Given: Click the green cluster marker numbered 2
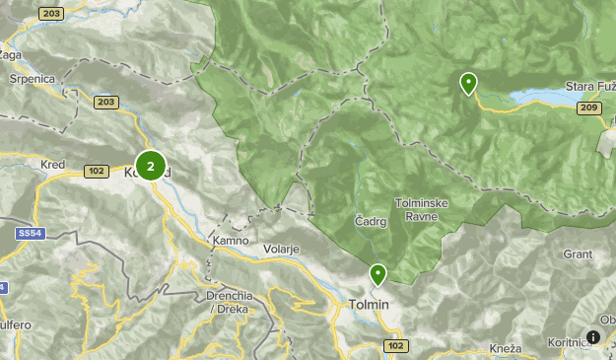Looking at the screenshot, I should pyautogui.click(x=151, y=166).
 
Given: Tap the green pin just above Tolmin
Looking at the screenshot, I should pyautogui.click(x=377, y=274).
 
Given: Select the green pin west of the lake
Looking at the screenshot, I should pyautogui.click(x=468, y=84).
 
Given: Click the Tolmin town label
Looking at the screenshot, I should pyautogui.click(x=370, y=305).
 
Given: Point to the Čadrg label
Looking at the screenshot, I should pyautogui.click(x=371, y=222).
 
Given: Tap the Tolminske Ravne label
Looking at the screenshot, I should pyautogui.click(x=423, y=209).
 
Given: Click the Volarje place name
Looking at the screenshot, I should pyautogui.click(x=281, y=250).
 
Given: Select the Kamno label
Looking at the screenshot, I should pyautogui.click(x=229, y=241).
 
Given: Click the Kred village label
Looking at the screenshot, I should pyautogui.click(x=52, y=165).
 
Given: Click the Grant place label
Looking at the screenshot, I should pyautogui.click(x=578, y=253).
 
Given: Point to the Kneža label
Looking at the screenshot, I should pyautogui.click(x=505, y=349).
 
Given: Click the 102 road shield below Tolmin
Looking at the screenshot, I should pyautogui.click(x=396, y=346).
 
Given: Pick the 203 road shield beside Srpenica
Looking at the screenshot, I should pyautogui.click(x=106, y=101).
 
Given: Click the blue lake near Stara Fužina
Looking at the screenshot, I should pyautogui.click(x=537, y=97).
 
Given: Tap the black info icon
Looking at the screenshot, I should pyautogui.click(x=593, y=336).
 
